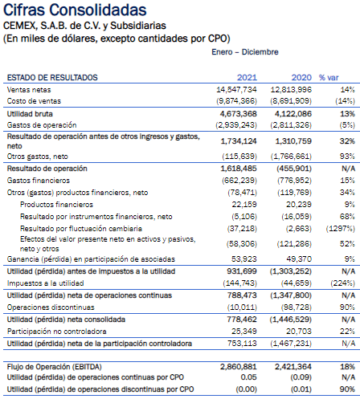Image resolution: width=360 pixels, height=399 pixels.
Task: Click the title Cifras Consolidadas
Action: coord(75,10)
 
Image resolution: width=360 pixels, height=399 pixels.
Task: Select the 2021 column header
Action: coord(247,78)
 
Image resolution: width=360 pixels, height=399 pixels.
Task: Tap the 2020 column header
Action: coord(301,78)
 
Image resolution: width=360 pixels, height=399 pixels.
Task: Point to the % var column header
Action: coord(329,78)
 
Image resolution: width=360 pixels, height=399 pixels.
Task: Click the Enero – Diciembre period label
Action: coord(245,52)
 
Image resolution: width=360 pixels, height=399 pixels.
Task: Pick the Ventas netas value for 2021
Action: coord(236,90)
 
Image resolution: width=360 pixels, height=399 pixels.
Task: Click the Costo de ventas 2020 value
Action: coord(291,101)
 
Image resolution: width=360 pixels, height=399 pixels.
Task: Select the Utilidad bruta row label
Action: coord(30,114)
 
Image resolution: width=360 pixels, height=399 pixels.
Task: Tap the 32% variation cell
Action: coord(347,141)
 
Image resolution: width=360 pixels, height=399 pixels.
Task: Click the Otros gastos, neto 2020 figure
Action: coord(291,157)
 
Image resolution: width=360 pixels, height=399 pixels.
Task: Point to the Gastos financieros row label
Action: coord(39,181)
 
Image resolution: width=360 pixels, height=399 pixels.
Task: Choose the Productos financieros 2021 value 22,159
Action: coord(244,205)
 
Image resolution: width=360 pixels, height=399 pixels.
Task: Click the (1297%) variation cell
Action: coord(340,229)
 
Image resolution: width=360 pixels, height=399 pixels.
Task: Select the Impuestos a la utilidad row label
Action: coord(45,283)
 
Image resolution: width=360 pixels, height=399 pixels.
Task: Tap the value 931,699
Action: coord(242,271)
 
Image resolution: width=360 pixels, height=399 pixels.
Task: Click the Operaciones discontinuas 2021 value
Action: coord(242,307)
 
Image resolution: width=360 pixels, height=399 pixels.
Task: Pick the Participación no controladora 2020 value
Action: coord(299,332)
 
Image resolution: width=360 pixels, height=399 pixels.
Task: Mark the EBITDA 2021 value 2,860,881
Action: coord(239,367)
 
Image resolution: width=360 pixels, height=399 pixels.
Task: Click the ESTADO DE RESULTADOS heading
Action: coord(52,78)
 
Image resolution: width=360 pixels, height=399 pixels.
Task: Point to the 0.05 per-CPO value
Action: coord(248,377)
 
